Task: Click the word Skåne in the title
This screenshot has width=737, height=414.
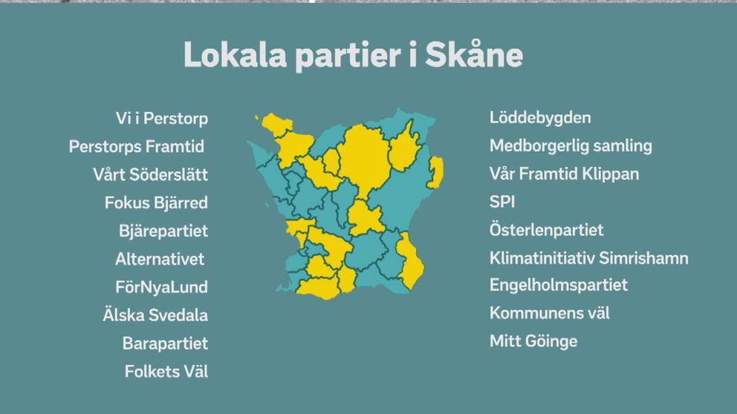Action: coord(474,55)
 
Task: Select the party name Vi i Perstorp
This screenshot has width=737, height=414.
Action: coord(162,119)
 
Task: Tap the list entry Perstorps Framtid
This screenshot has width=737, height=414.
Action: coord(136,146)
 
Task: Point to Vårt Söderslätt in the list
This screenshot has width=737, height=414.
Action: coord(150,174)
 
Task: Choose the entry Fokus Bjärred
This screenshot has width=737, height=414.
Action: coord(156,203)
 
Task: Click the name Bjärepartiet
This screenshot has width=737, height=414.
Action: coord(163,231)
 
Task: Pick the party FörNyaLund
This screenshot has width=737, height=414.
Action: coord(161,287)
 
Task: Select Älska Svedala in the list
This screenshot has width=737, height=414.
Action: coord(155,315)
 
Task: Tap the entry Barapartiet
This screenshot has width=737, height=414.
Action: coord(165,344)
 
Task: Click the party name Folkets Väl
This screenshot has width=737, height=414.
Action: coord(166,371)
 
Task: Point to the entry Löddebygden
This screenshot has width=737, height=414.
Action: coord(540,118)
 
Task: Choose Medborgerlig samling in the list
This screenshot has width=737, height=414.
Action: coord(571,146)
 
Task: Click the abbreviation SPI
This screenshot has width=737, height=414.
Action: coord(502,202)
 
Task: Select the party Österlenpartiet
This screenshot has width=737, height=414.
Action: coord(546,230)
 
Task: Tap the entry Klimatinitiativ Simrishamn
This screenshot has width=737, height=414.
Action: coord(589,258)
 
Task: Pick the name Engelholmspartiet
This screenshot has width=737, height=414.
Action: coord(559,286)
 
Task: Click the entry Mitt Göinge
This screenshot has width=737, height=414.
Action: coord(533,341)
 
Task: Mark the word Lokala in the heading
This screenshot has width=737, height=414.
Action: coord(235,55)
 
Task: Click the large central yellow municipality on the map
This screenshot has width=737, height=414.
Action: coord(364,157)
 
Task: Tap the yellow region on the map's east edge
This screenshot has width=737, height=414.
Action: coord(436,172)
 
